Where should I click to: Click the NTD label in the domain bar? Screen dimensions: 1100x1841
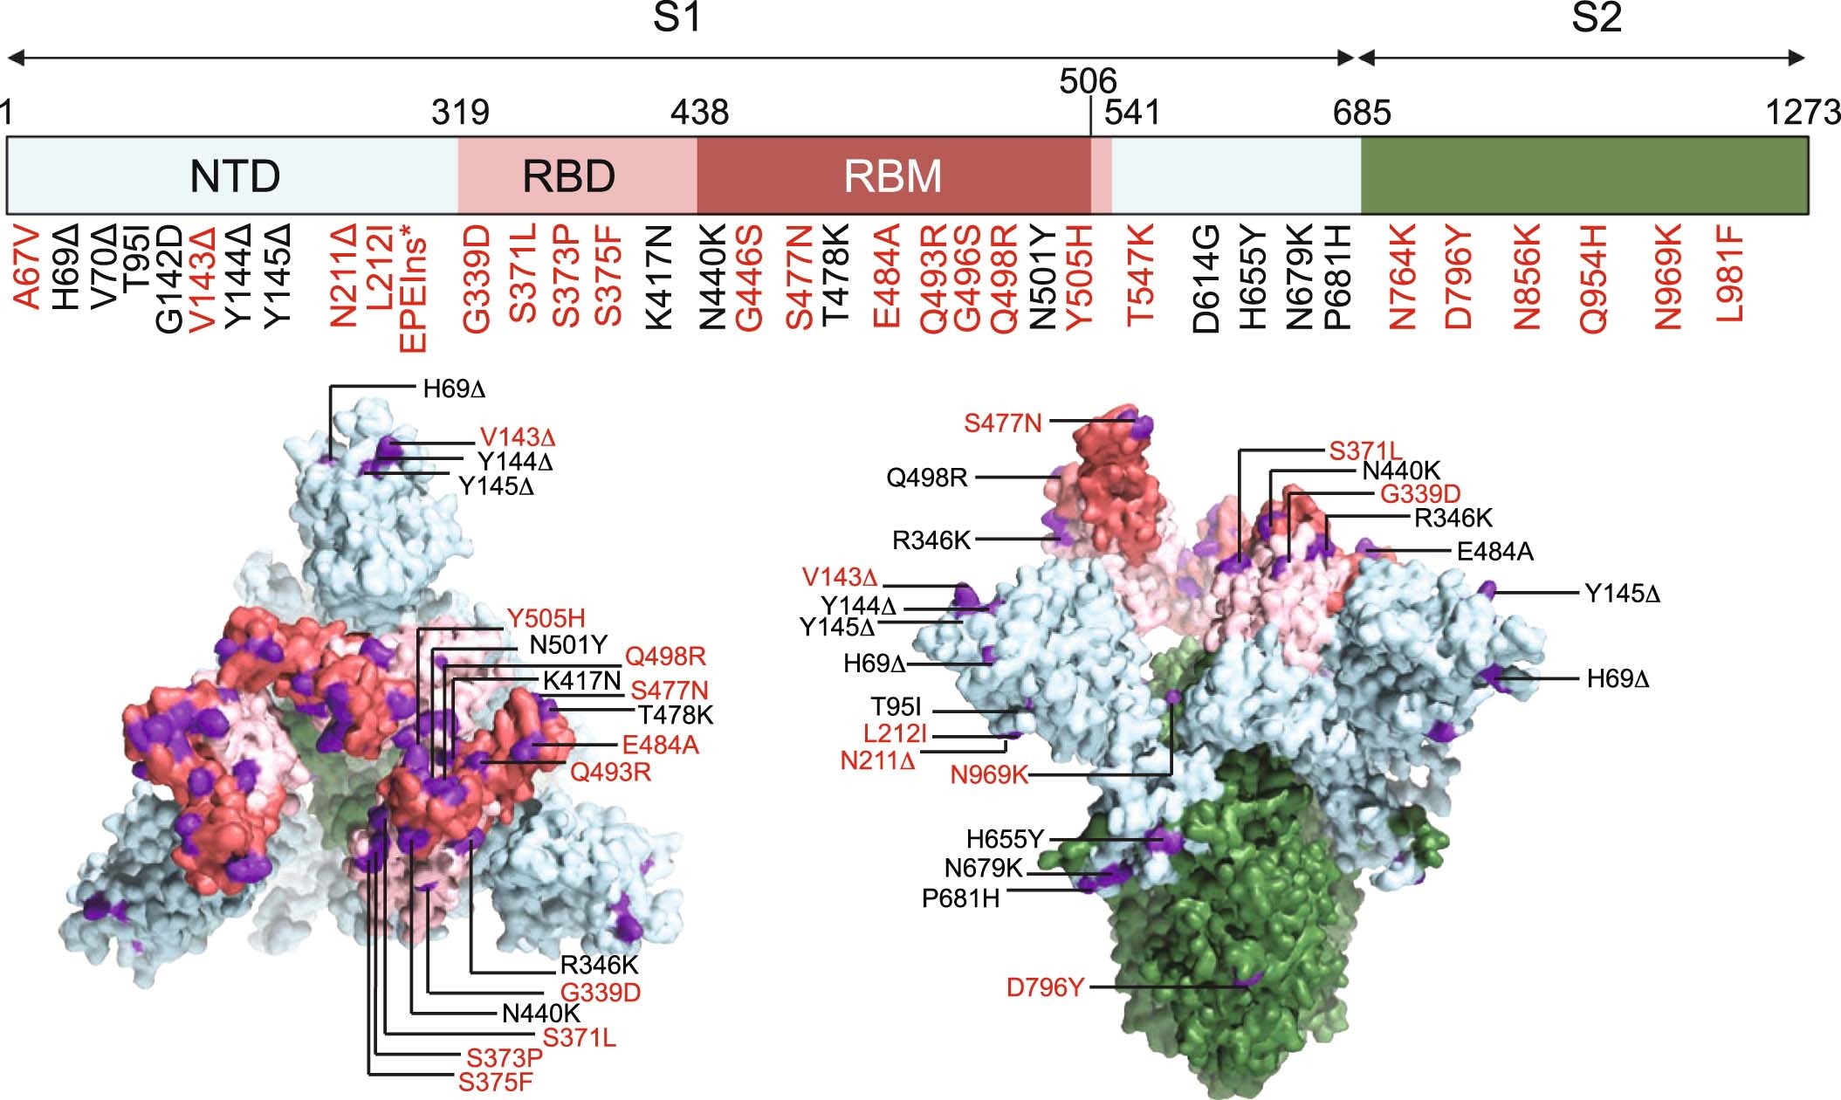tap(235, 176)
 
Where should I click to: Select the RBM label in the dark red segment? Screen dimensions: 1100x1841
tap(892, 176)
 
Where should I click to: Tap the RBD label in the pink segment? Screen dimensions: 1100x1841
tap(568, 176)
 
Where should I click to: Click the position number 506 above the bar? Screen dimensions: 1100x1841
tap(1088, 81)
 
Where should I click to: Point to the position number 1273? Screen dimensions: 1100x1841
tap(1802, 113)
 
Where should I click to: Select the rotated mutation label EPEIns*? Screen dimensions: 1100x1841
tap(413, 287)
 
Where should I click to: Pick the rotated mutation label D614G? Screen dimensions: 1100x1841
tap(1206, 278)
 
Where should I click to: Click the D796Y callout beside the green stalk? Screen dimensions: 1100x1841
tap(1045, 987)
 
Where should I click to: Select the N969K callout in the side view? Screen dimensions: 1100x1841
tap(989, 774)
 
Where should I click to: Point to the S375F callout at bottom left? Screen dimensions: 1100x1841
tap(496, 1083)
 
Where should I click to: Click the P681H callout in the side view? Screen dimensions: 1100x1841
tap(960, 898)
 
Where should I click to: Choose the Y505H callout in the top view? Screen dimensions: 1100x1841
tap(546, 619)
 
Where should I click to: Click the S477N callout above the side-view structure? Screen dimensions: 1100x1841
tap(1003, 423)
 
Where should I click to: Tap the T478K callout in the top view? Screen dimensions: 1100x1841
tap(676, 716)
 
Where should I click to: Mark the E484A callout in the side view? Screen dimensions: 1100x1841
tap(1495, 552)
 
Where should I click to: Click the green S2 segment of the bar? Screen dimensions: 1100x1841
tap(1583, 176)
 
